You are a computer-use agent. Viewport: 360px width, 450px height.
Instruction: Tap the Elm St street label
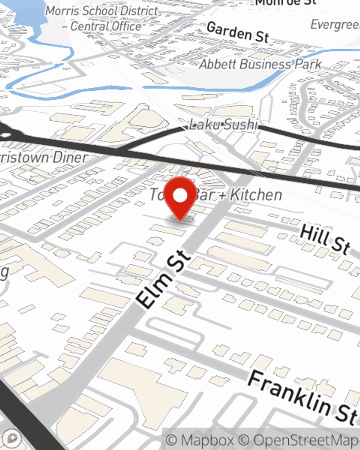(164, 279)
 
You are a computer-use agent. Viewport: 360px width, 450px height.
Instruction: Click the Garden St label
(238, 32)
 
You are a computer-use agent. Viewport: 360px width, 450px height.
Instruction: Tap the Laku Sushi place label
(224, 125)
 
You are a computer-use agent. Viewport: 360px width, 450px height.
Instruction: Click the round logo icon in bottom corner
(12, 438)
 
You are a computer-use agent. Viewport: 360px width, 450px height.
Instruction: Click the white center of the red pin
(180, 195)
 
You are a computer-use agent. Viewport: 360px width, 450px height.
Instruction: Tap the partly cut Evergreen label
(335, 24)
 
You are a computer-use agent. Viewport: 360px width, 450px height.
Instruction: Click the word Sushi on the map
(239, 125)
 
